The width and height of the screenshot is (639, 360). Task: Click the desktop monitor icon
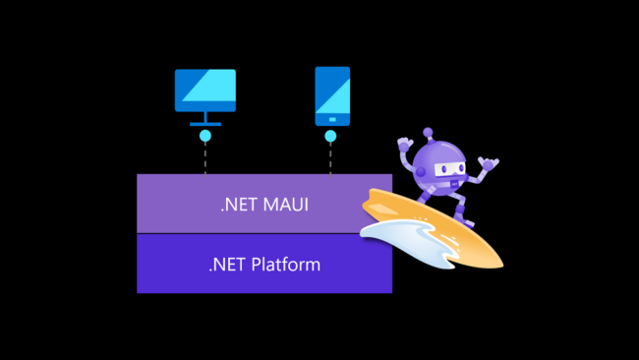coord(205,91)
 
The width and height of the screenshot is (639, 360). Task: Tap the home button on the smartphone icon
coord(331,120)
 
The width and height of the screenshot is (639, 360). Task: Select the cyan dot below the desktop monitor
coord(205,136)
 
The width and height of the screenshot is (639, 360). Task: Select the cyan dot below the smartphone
coord(331,136)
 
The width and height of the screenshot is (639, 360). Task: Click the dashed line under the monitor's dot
coord(205,158)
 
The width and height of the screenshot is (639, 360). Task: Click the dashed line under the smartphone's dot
coord(331,158)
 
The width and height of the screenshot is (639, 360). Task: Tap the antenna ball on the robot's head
coord(429,132)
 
